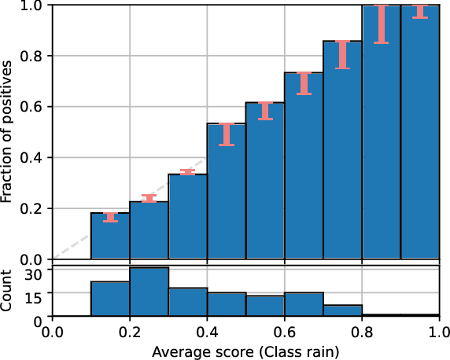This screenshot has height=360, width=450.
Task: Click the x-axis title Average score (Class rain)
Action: [x=245, y=352]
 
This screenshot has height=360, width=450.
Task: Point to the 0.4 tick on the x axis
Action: [x=207, y=331]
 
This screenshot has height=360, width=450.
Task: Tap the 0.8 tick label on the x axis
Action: [x=362, y=331]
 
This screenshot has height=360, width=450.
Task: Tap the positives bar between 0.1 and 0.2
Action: [x=110, y=236]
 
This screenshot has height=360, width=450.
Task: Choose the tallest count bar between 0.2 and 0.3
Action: [x=149, y=292]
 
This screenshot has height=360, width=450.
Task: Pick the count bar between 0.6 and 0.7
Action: [x=304, y=304]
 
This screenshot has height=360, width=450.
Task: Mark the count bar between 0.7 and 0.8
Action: [x=342, y=310]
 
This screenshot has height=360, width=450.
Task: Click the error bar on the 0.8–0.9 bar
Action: [x=381, y=24]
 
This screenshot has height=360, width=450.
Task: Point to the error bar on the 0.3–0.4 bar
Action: [x=187, y=172]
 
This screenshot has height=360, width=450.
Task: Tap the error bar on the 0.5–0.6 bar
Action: [x=265, y=111]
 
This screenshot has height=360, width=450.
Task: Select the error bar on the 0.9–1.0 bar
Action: [x=420, y=11]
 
